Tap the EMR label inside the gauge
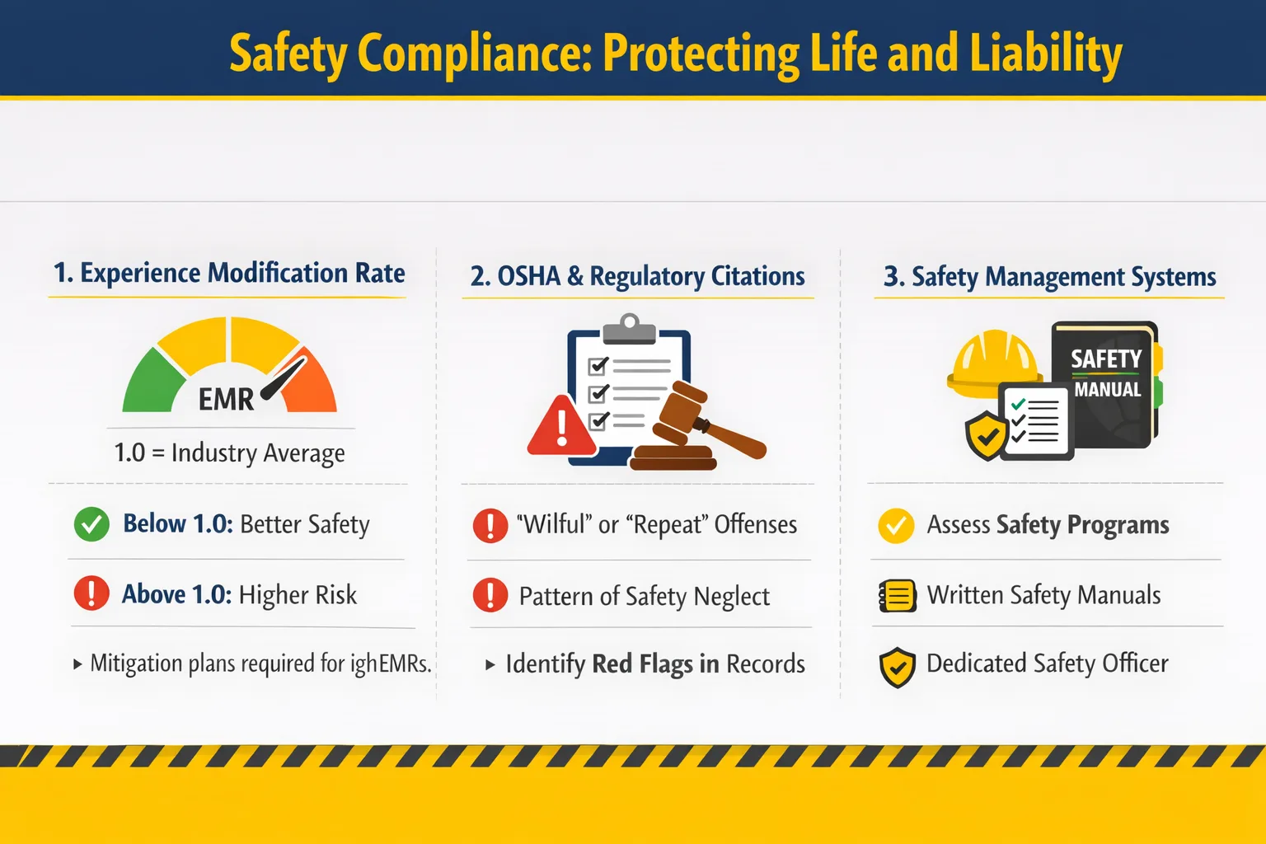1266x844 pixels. (226, 400)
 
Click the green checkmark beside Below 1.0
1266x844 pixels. (91, 524)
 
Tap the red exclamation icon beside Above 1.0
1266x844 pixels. (91, 593)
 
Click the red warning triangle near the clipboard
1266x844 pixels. (562, 428)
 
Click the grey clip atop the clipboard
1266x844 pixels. (630, 331)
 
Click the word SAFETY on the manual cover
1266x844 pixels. (1106, 359)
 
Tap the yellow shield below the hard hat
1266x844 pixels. (987, 436)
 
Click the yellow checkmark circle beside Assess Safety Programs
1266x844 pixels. (896, 525)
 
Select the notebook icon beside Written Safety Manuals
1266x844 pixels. (897, 595)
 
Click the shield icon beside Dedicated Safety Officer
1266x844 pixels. (897, 667)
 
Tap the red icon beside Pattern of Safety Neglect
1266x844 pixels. (490, 595)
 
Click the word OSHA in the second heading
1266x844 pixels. (529, 276)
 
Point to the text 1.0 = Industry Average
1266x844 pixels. (229, 453)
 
